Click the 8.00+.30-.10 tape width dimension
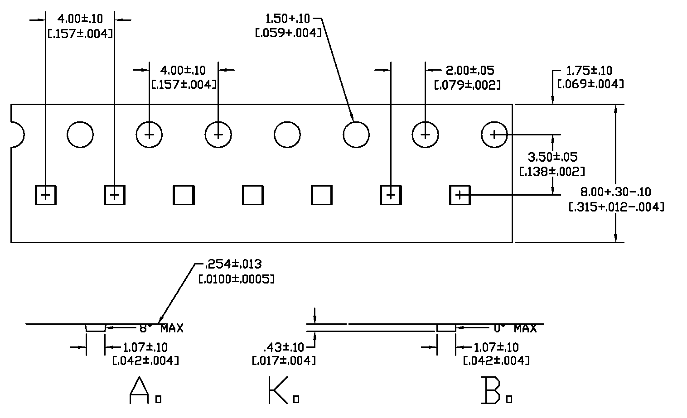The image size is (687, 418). [615, 192]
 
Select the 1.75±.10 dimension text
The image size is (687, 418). [589, 71]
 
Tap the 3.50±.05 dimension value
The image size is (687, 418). [553, 157]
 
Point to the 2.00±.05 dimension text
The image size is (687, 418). [470, 70]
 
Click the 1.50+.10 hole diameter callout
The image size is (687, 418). [287, 19]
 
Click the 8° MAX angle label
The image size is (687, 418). [161, 328]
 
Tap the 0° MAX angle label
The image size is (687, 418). [515, 328]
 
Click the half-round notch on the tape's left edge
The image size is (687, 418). [17, 135]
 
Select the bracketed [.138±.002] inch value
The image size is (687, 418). [551, 171]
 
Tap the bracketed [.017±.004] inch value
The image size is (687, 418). [284, 361]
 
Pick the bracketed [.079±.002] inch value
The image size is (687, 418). [467, 85]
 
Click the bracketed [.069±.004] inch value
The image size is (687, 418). [590, 84]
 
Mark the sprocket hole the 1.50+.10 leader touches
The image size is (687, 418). [356, 135]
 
